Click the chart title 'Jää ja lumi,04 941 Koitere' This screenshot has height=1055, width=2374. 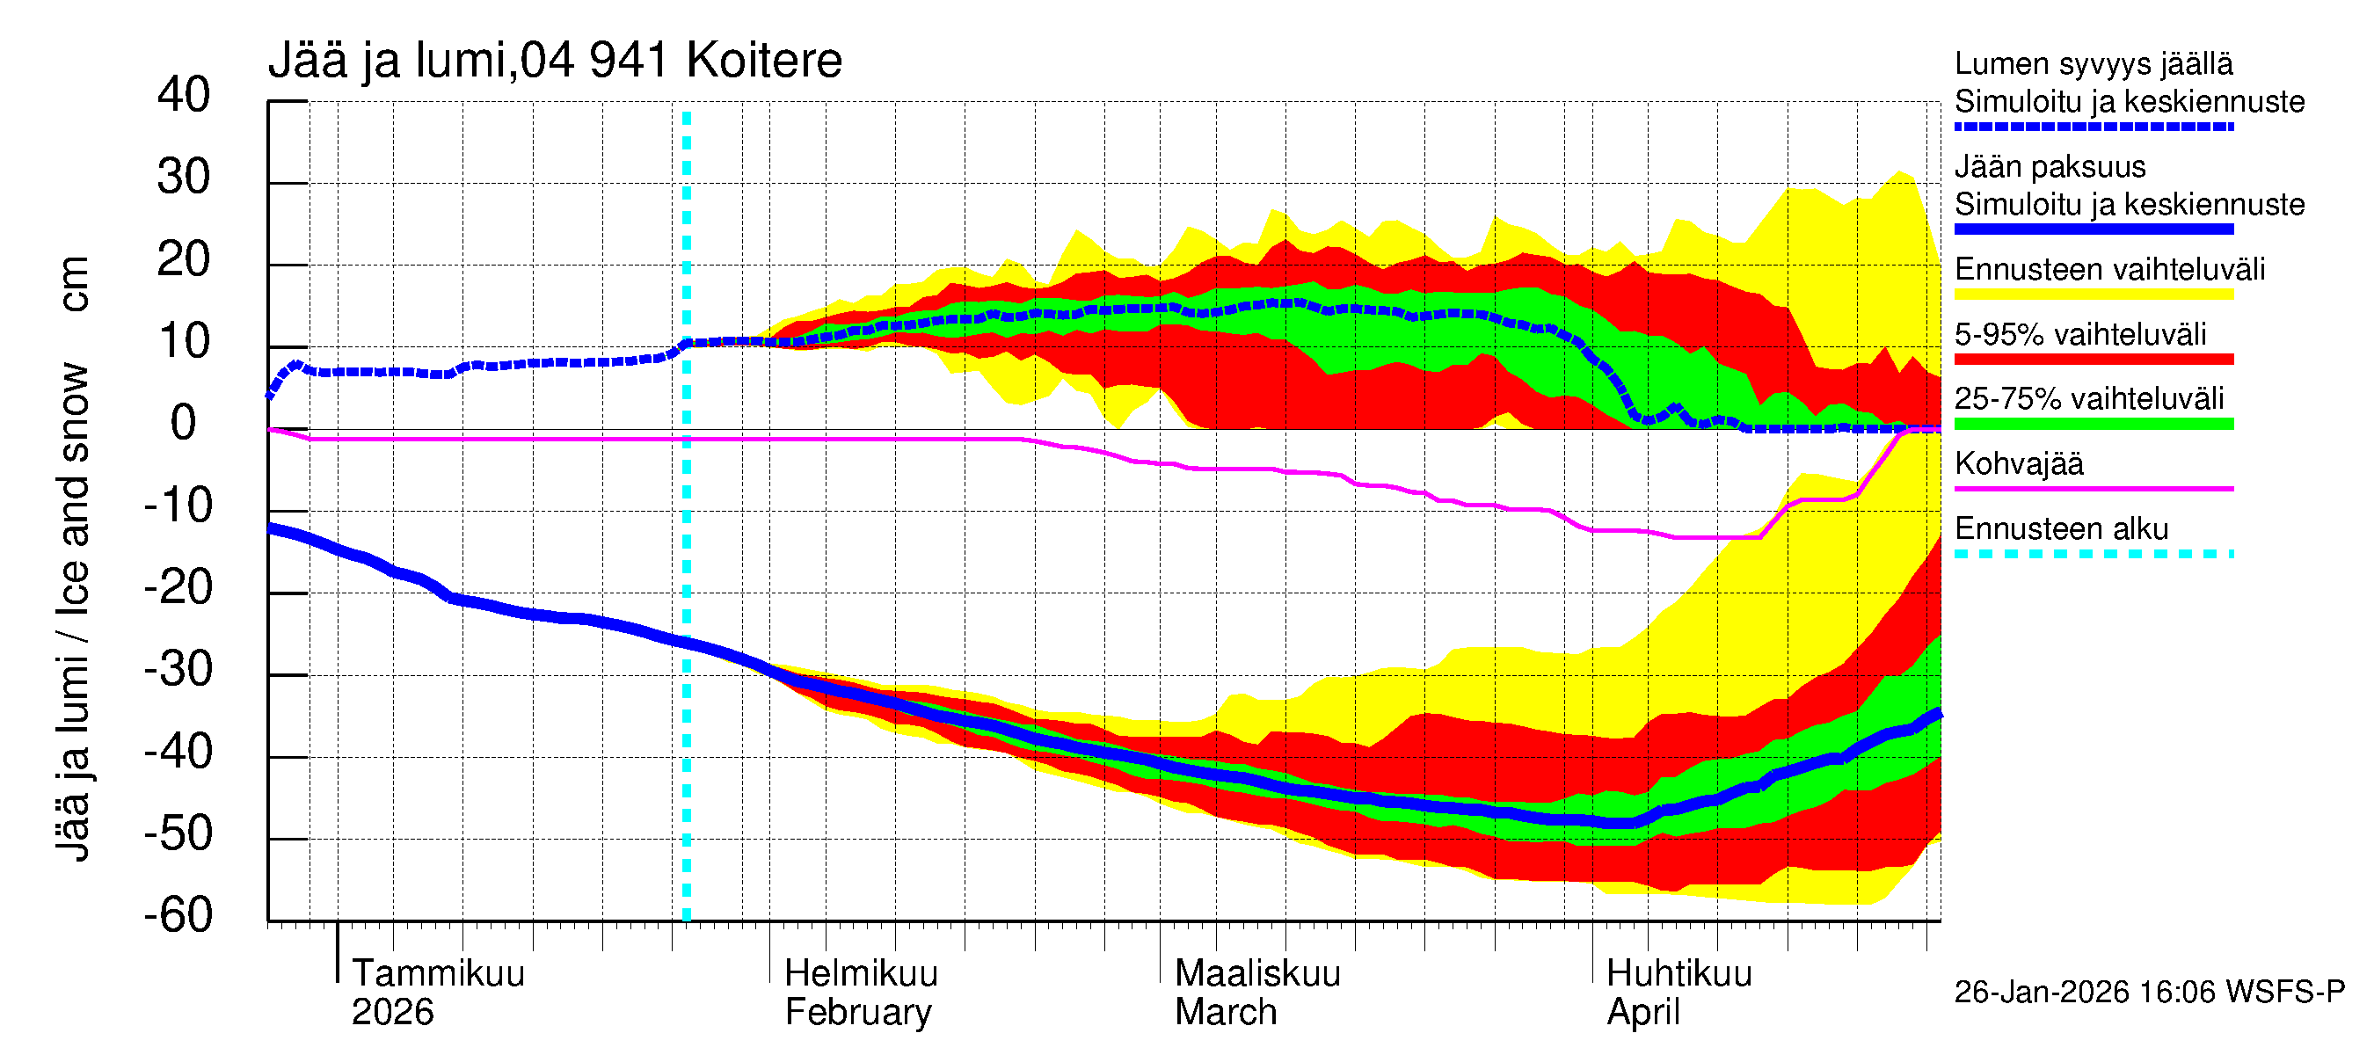click(x=555, y=61)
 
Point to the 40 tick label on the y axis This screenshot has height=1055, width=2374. click(x=184, y=95)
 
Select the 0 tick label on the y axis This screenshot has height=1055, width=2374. click(x=184, y=423)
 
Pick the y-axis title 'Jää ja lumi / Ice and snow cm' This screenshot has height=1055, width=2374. click(x=73, y=558)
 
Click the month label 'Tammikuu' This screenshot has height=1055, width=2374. click(x=438, y=973)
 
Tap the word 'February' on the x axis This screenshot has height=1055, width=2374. click(x=858, y=1013)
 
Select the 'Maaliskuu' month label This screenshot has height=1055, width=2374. click(x=1257, y=973)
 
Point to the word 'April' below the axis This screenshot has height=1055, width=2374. click(x=1643, y=1013)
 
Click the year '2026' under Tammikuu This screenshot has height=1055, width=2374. click(x=393, y=1013)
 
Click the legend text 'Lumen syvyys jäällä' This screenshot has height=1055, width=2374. click(x=2093, y=63)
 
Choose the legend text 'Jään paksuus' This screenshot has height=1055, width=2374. click(x=2050, y=167)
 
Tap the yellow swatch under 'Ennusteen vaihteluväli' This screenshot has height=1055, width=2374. click(x=2093, y=295)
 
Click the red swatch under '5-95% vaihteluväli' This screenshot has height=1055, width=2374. click(x=2093, y=360)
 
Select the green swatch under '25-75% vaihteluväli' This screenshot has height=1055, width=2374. click(x=2093, y=424)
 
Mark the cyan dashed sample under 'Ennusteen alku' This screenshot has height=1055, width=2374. click(x=2093, y=555)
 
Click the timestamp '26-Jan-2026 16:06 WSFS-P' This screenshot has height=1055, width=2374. click(x=2149, y=993)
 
